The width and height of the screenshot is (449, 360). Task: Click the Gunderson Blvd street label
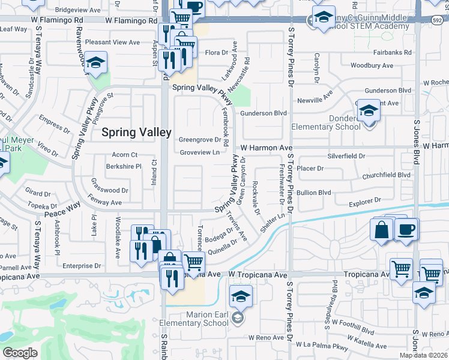coord(264,113)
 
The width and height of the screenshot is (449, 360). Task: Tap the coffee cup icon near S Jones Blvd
coord(406,229)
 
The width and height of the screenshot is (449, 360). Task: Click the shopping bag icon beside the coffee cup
coord(382,230)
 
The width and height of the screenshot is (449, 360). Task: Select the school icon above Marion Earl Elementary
coord(241,296)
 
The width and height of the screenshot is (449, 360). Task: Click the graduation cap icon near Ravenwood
coord(95,62)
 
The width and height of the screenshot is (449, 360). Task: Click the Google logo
coord(20,353)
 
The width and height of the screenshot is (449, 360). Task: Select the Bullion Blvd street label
coord(314,193)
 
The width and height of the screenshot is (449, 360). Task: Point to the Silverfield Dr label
coord(346,156)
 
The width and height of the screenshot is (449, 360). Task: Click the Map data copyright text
coord(424,355)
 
